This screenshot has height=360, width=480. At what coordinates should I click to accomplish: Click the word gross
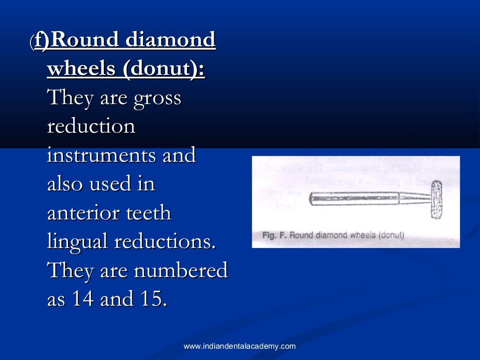click(x=157, y=99)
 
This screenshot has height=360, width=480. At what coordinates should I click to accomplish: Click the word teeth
click(x=150, y=213)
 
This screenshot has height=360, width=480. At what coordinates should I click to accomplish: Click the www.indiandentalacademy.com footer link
click(x=240, y=346)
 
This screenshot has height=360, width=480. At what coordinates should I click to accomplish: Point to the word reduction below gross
click(x=91, y=127)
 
